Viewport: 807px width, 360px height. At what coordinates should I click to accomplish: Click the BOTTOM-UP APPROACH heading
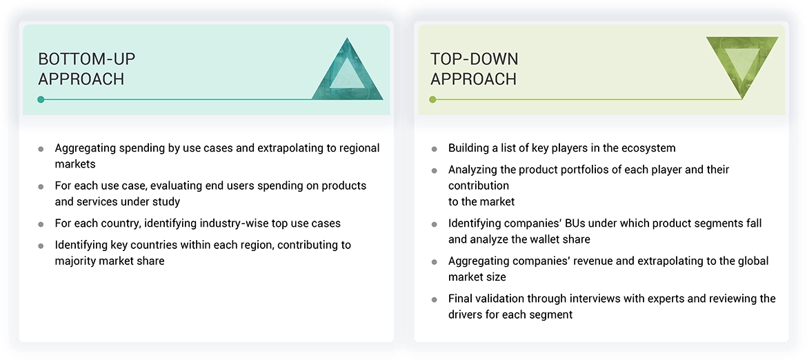(x=81, y=69)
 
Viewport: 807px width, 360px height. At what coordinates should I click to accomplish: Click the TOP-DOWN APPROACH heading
(x=474, y=69)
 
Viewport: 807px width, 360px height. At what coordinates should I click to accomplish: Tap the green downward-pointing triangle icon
(x=742, y=66)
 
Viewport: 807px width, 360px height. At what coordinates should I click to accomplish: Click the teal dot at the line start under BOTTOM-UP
(x=41, y=99)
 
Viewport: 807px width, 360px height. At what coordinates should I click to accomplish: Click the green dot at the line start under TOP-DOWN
(x=432, y=99)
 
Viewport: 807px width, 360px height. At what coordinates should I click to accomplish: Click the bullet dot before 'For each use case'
(x=41, y=186)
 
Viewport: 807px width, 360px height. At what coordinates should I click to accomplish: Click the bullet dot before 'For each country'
(x=41, y=224)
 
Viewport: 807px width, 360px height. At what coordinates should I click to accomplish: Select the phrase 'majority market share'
(x=110, y=261)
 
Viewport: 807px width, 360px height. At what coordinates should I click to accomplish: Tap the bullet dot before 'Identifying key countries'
(x=41, y=246)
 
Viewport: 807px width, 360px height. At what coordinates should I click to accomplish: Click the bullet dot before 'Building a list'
(x=434, y=149)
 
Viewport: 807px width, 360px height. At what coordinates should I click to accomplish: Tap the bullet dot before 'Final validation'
(x=434, y=299)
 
